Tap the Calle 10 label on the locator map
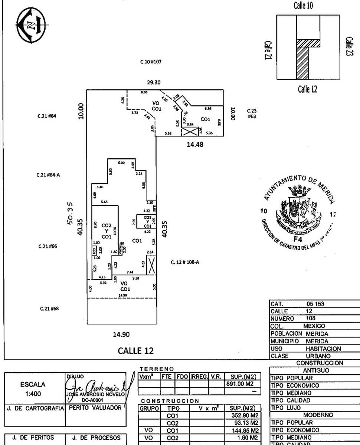pos(305,6)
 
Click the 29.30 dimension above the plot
pos(153,83)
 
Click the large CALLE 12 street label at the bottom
pos(135,350)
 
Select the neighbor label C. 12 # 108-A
pos(185,262)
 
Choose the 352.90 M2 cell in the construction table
pos(243,416)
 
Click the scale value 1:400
pos(34,395)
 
